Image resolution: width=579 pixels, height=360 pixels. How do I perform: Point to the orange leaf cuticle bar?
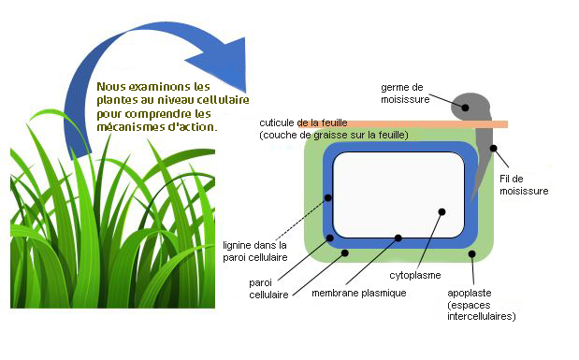pos(393,124)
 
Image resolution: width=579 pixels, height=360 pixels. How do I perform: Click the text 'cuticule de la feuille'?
pos(309,123)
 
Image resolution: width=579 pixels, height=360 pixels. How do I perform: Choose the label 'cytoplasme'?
pos(415,276)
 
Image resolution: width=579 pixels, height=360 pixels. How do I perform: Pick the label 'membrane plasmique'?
pos(358,293)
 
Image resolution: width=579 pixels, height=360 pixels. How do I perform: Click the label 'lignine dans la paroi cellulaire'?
pos(255,251)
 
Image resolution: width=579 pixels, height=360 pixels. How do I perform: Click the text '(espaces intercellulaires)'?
pos(482,310)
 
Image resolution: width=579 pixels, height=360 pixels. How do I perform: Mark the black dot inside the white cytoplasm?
pos(443,212)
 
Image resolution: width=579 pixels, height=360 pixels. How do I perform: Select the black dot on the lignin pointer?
pos(328,197)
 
